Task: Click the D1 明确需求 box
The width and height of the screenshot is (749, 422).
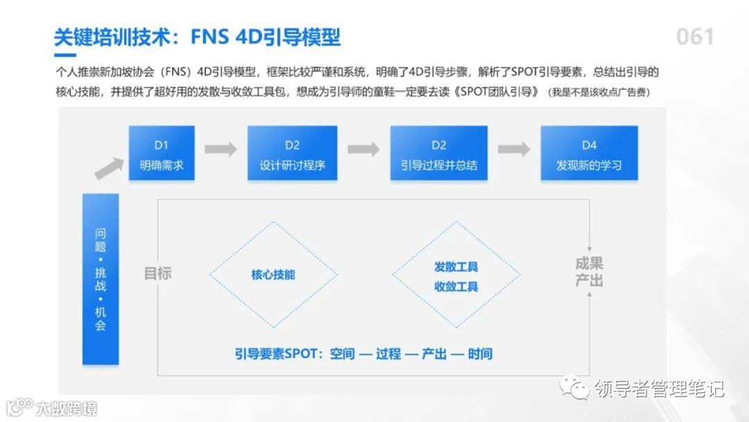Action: (x=162, y=153)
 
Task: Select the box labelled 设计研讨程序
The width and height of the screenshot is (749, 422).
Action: (x=292, y=153)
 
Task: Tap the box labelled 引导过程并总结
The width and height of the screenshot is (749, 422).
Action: (x=438, y=153)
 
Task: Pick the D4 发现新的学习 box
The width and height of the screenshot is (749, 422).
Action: (x=589, y=153)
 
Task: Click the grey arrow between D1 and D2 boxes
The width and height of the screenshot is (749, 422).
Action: (x=221, y=149)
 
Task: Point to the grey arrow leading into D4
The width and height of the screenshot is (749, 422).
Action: (x=514, y=149)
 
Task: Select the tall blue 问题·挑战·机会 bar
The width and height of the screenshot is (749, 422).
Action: (x=101, y=278)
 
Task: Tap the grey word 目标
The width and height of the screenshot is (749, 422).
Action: (x=157, y=273)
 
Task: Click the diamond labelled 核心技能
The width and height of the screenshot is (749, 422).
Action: (x=273, y=275)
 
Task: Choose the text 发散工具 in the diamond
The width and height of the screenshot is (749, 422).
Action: (x=456, y=267)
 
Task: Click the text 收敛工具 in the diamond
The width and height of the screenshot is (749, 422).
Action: (x=456, y=286)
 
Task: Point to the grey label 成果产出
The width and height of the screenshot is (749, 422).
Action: (x=589, y=272)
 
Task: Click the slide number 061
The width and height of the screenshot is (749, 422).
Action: (x=695, y=37)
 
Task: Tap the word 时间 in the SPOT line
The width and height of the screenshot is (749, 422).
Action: (x=480, y=354)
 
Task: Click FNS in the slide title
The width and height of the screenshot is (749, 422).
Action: (x=214, y=37)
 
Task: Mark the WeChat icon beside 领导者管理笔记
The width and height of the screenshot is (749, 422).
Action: (x=575, y=387)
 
